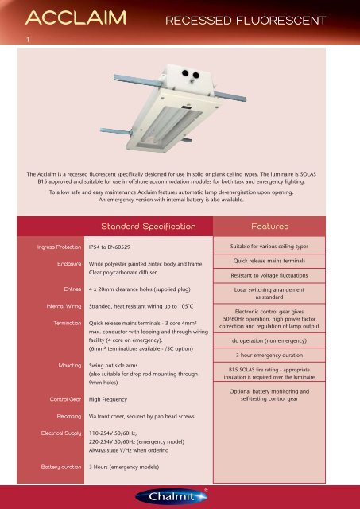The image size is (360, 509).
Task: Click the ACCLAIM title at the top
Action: (x=65, y=17)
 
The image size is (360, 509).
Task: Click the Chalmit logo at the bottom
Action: (x=180, y=496)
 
